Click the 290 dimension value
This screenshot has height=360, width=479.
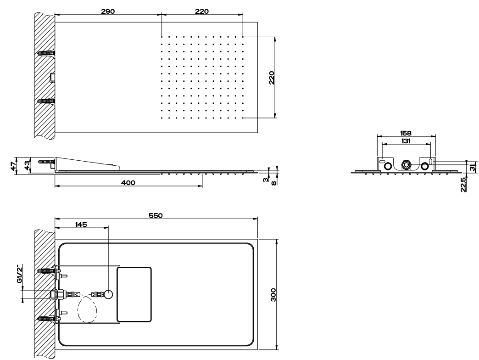click(x=108, y=11)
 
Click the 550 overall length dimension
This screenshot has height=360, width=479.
click(x=156, y=215)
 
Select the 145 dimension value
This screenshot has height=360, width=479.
click(x=81, y=225)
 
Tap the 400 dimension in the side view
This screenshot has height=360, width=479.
click(x=128, y=183)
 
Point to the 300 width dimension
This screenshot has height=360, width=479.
click(x=273, y=295)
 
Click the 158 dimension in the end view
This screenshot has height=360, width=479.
click(x=406, y=133)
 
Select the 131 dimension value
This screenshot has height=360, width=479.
click(x=406, y=141)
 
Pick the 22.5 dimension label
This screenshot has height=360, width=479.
click(x=463, y=185)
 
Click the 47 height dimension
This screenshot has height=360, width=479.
click(x=13, y=166)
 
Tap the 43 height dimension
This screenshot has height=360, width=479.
click(x=27, y=166)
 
